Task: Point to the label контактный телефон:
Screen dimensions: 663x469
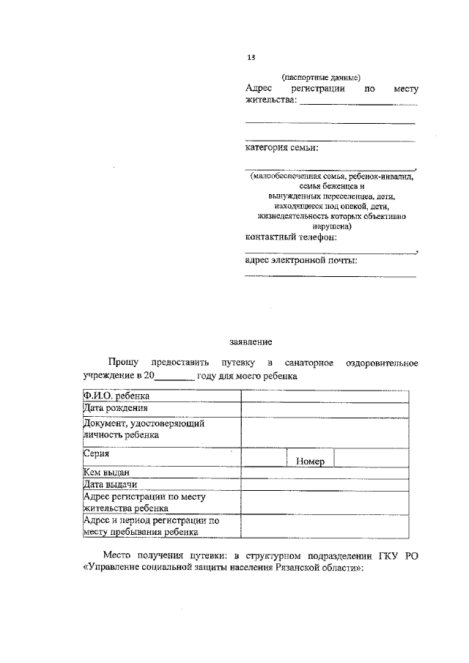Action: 291,237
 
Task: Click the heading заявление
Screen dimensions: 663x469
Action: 251,341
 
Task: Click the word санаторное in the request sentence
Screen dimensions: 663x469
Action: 310,363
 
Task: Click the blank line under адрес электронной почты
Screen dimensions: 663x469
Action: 330,275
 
